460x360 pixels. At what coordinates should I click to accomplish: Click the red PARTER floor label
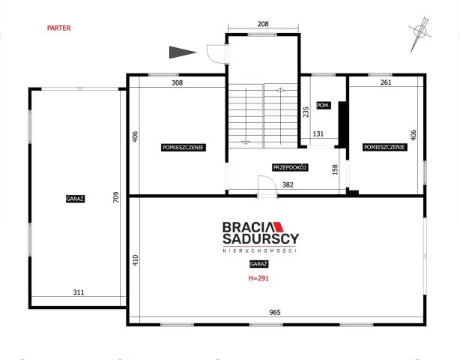coord(59,28)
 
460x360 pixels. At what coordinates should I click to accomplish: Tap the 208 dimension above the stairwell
coord(263,24)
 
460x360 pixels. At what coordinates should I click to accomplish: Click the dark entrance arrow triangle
coord(183,52)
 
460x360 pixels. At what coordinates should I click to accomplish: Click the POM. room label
coord(324,106)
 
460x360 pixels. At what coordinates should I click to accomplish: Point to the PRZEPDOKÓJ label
coord(290,168)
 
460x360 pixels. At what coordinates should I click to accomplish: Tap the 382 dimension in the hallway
coord(288,184)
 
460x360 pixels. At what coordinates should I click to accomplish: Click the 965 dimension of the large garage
coord(275,313)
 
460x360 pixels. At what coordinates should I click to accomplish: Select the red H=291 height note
coord(258,278)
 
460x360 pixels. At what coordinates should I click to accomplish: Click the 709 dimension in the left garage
coord(116,197)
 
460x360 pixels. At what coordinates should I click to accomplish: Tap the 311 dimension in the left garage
coord(79,292)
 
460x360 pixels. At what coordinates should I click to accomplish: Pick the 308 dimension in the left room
coord(178,82)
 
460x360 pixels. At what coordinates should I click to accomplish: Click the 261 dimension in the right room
coord(386,82)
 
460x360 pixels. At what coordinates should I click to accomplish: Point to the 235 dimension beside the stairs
coord(306,112)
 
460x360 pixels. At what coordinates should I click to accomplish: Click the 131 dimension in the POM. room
coord(318,134)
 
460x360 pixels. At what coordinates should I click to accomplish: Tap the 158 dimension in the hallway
coord(335,169)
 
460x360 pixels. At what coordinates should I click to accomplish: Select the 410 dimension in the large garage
coord(136,260)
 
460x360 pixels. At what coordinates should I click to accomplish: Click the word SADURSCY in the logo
coord(261,238)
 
